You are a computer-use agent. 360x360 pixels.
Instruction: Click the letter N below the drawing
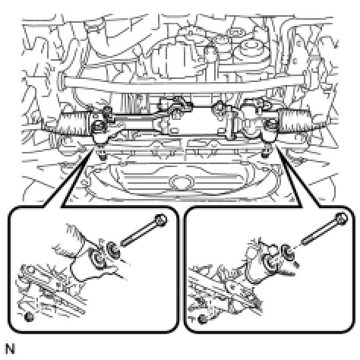click(10, 349)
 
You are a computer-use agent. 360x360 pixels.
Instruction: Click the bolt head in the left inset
click(161, 220)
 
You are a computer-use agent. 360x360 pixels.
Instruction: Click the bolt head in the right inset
click(341, 219)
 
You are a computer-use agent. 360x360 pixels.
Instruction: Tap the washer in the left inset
click(112, 248)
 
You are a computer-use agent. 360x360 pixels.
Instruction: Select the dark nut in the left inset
click(29, 317)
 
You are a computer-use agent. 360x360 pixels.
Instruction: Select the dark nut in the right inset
click(202, 319)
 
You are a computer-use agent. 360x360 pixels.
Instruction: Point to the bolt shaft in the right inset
click(318, 232)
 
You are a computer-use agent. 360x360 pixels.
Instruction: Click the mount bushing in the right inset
click(270, 264)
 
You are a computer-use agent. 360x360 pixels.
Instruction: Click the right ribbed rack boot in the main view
click(295, 121)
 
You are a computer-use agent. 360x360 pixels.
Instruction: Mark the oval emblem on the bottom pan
click(181, 182)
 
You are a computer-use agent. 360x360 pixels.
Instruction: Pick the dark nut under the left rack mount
click(102, 157)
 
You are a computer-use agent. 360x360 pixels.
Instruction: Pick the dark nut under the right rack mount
click(265, 154)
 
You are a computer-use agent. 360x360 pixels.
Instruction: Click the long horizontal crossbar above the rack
click(184, 84)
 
